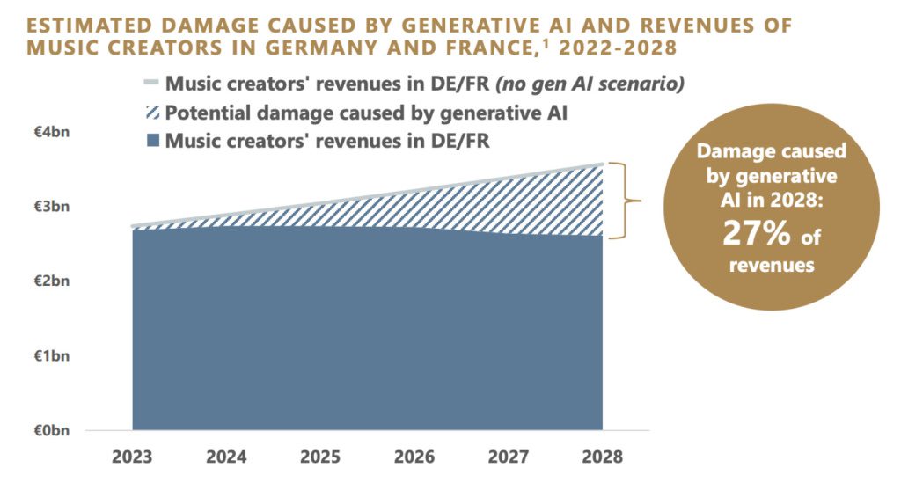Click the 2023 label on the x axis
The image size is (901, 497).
[x=132, y=457]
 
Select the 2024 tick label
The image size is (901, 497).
[x=226, y=457]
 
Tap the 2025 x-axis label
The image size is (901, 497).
[x=320, y=457]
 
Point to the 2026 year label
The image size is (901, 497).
[x=414, y=457]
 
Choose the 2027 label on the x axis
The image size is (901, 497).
[x=509, y=457]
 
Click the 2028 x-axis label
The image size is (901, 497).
[x=603, y=457]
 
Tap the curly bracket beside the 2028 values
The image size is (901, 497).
[x=626, y=201]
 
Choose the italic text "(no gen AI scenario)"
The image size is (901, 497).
[x=591, y=84]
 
